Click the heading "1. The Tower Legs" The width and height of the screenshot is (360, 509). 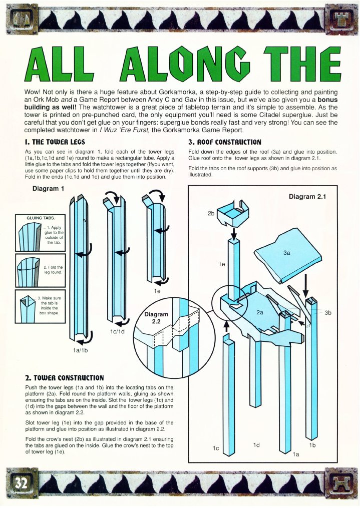pos(55,142)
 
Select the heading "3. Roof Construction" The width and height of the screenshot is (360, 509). pos(225,142)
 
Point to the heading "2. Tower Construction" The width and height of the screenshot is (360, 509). pos(65,378)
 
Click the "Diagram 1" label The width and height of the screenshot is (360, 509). pos(49,189)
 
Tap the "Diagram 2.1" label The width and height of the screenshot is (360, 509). pos(307,196)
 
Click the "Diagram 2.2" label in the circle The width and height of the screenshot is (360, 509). pos(156,317)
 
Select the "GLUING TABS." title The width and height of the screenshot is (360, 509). pos(41,218)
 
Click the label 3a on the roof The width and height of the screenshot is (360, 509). pos(286,253)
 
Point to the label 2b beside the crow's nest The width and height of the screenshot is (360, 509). pos(211,214)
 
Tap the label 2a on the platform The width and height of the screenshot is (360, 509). pos(260,312)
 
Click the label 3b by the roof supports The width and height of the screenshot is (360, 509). pos(328,313)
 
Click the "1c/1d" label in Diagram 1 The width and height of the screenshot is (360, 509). pos(117,332)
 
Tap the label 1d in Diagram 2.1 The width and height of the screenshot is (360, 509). pos(256,445)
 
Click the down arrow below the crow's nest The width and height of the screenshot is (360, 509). pos(233,232)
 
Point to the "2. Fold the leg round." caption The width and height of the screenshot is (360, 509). pos(53,270)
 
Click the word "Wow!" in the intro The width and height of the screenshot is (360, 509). pos(32,93)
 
